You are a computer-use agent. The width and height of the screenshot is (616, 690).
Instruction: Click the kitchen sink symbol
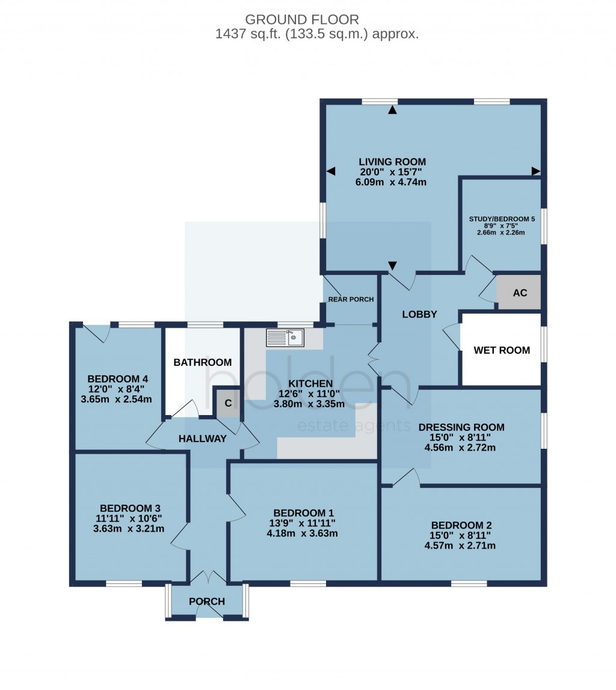click(x=286, y=337)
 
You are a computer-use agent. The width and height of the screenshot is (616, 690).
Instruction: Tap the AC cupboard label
click(x=520, y=293)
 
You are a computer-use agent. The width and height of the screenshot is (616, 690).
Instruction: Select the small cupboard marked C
click(x=228, y=404)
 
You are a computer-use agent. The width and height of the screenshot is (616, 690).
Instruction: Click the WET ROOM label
click(x=502, y=350)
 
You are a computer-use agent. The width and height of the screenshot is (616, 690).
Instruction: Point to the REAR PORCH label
click(x=351, y=299)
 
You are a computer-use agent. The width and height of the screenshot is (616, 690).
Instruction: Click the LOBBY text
click(x=419, y=314)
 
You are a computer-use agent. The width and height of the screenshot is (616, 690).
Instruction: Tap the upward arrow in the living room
click(x=393, y=109)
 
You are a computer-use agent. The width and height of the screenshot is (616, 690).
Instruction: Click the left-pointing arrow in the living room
click(x=330, y=171)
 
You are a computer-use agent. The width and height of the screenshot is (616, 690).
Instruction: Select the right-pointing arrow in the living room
click(x=535, y=171)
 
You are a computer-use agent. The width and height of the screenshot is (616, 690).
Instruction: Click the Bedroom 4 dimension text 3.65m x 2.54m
click(x=118, y=399)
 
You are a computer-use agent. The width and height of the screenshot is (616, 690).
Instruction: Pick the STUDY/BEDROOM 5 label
click(x=501, y=219)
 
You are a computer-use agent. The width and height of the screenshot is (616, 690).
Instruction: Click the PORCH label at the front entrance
click(x=207, y=602)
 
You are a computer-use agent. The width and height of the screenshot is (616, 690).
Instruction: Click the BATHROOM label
click(x=203, y=362)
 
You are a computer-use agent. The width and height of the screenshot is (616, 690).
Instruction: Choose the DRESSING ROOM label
click(x=461, y=428)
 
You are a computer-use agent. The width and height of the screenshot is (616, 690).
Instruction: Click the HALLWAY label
click(x=202, y=439)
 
